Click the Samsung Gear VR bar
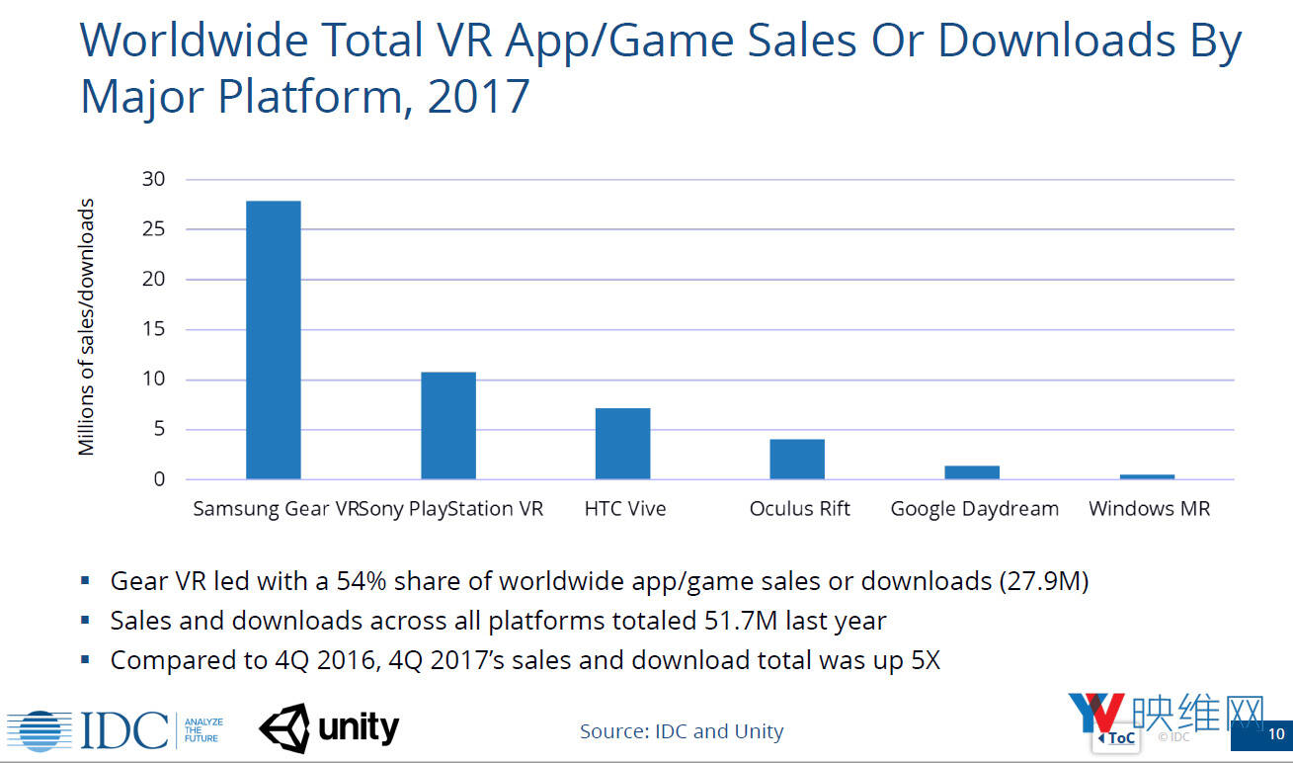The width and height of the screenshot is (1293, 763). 273,340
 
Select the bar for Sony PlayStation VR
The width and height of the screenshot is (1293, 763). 447,426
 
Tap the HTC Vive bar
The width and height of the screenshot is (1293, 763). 622,444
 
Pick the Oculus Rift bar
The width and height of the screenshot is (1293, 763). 797,460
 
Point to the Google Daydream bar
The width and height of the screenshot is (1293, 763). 972,472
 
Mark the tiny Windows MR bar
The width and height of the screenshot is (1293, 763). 1147,476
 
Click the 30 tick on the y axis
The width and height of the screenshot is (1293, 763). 153,180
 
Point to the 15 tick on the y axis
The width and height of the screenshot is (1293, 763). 153,330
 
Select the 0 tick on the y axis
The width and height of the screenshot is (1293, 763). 159,479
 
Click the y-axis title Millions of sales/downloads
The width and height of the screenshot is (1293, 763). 87,327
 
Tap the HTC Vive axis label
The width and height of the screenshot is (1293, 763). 625,509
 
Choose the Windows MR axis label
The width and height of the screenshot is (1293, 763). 1149,509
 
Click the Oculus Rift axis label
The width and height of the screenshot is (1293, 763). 799,509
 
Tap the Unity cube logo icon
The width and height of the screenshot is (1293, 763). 284,729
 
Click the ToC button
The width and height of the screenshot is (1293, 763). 1116,737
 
